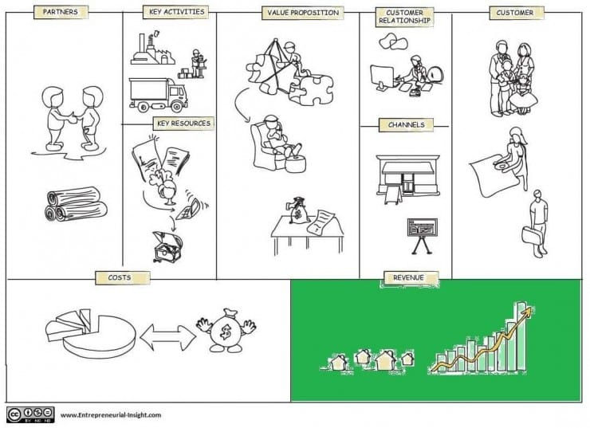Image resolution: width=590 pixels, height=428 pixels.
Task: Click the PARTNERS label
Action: pos(61,12)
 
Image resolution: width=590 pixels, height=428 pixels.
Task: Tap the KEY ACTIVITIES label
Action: pos(176,12)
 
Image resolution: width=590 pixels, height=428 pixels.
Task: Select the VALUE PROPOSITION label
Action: pos(303,13)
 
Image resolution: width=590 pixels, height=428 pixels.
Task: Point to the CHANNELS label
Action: pos(407,125)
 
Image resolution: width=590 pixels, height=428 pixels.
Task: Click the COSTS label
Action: pos(120,278)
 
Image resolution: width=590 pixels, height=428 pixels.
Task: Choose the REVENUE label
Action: pos(409,278)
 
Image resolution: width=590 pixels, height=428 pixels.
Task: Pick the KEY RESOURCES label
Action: pos(183,124)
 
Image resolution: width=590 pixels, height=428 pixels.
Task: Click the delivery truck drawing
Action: pos(158,95)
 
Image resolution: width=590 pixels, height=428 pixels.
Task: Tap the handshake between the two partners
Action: pos(71,118)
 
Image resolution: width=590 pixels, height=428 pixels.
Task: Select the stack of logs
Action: pos(76,204)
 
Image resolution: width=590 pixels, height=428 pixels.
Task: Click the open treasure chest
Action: pos(167,247)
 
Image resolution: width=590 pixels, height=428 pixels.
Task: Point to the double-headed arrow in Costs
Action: pos(167,337)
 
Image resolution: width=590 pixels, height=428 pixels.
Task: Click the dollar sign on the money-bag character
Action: pos(226,332)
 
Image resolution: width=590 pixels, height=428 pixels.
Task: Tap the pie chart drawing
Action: pos(90,333)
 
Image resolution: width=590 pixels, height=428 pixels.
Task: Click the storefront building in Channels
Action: pos(408,176)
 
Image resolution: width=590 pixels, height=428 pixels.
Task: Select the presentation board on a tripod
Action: pos(423,236)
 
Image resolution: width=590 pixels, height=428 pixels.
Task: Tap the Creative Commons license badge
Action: pos(30,414)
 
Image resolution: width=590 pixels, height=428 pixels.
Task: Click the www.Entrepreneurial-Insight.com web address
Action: pos(111,415)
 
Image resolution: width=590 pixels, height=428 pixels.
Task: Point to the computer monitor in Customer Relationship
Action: pos(382,77)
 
